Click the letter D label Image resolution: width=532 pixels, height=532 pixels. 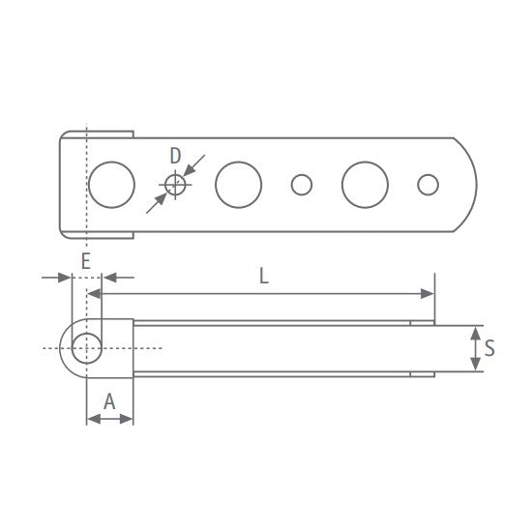click(175, 155)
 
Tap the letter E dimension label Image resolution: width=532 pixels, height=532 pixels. click(85, 260)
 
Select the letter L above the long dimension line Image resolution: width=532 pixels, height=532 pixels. click(263, 275)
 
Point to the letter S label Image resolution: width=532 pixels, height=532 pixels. click(489, 348)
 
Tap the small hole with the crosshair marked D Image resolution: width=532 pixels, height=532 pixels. click(174, 185)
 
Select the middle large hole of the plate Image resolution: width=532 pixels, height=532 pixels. click(239, 184)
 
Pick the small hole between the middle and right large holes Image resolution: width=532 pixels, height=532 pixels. click(302, 184)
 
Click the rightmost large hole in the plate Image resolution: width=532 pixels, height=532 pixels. click(365, 184)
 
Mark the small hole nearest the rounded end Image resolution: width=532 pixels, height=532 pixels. click(428, 184)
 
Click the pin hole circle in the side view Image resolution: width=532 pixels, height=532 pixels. click(88, 347)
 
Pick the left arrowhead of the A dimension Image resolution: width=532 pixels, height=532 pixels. click(92, 419)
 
